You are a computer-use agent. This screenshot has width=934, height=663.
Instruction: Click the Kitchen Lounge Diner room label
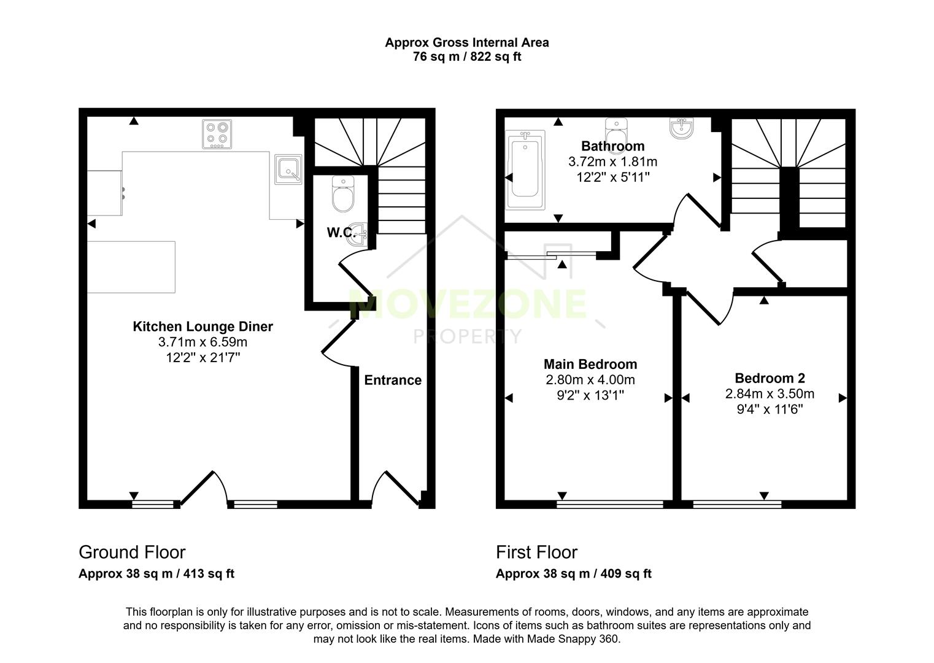click(x=203, y=327)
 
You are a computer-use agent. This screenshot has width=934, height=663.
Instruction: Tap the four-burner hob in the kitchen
click(x=217, y=134)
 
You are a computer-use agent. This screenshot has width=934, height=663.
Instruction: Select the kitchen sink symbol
click(x=288, y=168)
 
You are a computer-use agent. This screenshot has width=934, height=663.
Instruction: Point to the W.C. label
click(x=340, y=233)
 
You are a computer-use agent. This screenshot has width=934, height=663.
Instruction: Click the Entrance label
click(x=393, y=380)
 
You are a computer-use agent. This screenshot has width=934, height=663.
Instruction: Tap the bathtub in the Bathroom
click(x=525, y=169)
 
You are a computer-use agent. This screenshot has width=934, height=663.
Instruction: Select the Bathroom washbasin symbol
click(x=682, y=128)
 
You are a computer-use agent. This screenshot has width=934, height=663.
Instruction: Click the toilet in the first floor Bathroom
click(x=615, y=130)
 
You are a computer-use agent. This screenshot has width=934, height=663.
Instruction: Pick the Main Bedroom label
click(x=590, y=364)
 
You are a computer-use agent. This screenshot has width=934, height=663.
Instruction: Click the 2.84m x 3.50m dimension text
click(x=770, y=394)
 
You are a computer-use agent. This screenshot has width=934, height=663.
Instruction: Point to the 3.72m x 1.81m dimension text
click(x=612, y=162)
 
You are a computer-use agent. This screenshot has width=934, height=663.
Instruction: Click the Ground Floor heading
click(x=132, y=552)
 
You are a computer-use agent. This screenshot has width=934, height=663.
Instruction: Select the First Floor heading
click(x=536, y=552)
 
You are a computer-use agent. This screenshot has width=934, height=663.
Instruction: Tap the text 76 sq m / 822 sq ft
click(x=467, y=57)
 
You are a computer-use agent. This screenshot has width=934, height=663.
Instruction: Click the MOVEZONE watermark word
click(x=467, y=304)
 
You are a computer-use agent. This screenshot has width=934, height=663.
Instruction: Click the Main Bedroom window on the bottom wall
click(x=610, y=505)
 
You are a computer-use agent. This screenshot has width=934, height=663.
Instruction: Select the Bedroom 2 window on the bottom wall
click(x=737, y=505)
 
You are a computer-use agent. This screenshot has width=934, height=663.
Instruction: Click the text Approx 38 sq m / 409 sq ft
click(x=573, y=574)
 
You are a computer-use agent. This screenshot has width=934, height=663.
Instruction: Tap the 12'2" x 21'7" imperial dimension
click(x=203, y=357)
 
